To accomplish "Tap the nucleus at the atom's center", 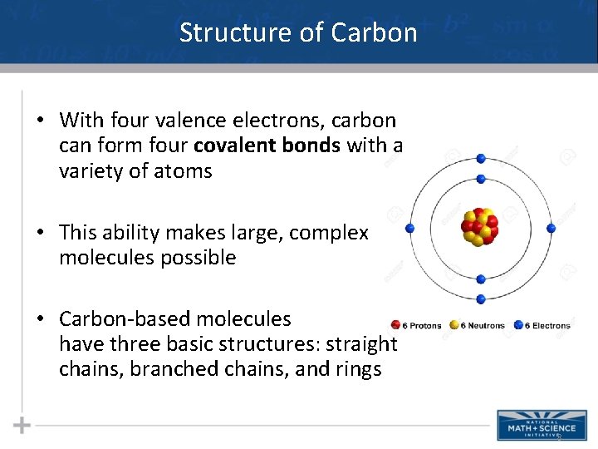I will click(x=480, y=227).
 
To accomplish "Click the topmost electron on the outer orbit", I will click(x=481, y=158).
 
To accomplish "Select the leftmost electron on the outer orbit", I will click(x=409, y=228).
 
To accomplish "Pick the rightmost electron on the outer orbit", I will click(x=551, y=228).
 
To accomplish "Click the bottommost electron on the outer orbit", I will click(x=481, y=299).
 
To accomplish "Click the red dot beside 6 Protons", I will click(x=395, y=325).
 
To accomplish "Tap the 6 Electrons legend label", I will click(x=547, y=325).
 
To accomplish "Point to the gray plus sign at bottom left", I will click(x=22, y=426).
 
